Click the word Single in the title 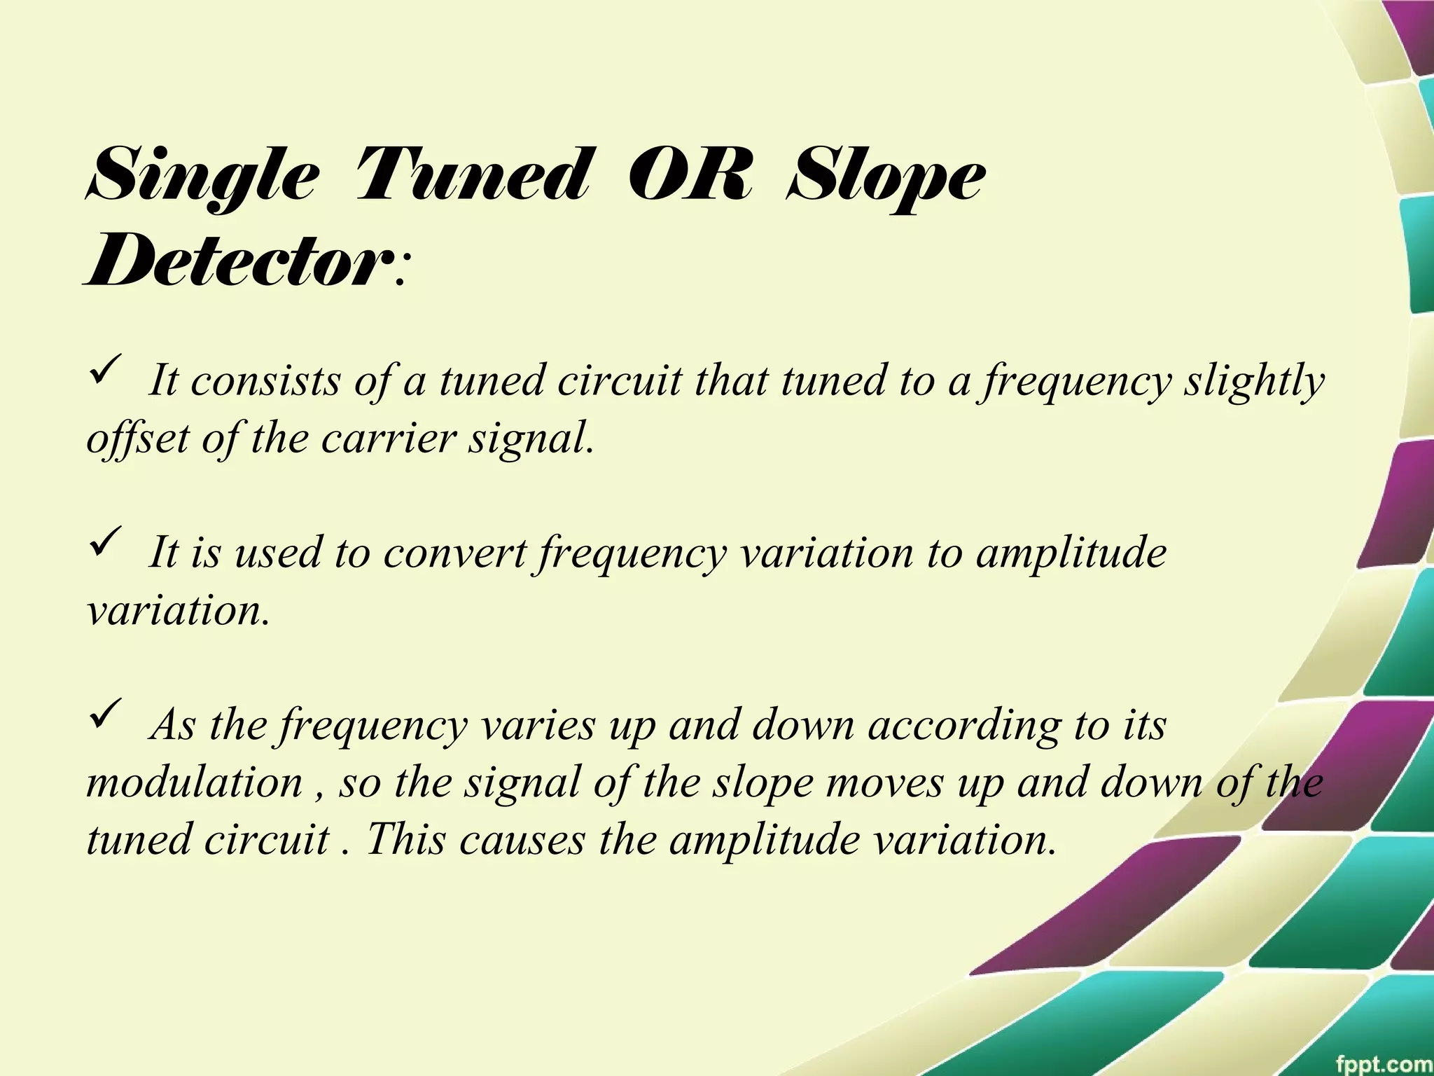(203, 177)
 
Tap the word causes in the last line (522, 839)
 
